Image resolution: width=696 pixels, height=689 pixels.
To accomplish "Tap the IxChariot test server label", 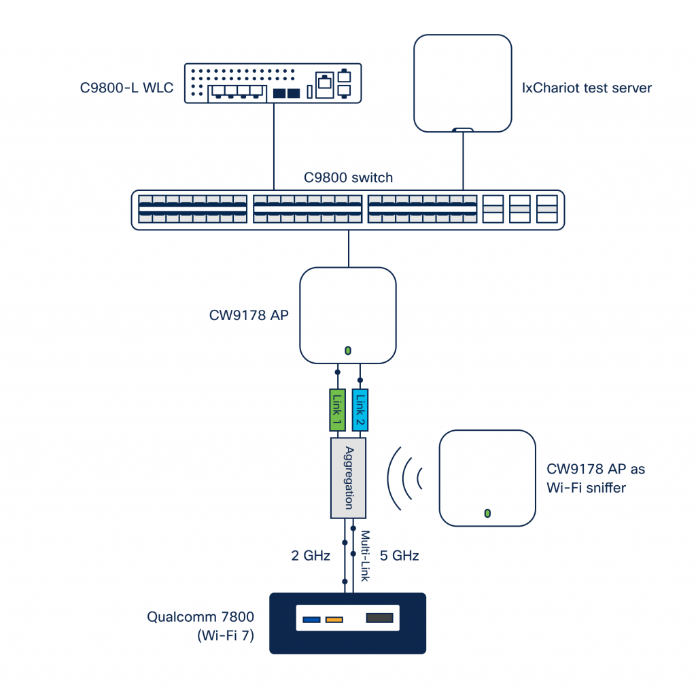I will (586, 88).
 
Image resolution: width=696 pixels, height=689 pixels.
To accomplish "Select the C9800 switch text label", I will (348, 178).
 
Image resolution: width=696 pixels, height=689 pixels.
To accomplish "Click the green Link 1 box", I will (337, 410).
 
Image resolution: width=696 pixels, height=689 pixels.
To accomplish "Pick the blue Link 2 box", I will (361, 410).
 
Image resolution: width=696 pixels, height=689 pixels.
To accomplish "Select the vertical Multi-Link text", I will (364, 556).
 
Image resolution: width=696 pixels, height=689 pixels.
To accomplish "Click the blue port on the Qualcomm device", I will (311, 619).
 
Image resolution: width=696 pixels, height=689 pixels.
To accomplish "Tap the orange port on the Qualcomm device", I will (334, 619).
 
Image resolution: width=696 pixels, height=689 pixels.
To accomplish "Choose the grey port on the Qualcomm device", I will (379, 618).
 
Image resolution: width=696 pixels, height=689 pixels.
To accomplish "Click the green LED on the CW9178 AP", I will (348, 351).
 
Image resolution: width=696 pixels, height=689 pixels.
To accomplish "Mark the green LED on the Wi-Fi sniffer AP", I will (487, 512).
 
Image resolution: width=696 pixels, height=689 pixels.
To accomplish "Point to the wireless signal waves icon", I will (404, 477).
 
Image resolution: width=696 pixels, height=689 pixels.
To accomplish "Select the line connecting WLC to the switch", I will (274, 146).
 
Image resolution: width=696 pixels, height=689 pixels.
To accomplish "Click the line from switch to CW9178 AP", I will (348, 249).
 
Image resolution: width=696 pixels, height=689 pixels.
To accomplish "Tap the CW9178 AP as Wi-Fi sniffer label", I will (595, 478).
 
